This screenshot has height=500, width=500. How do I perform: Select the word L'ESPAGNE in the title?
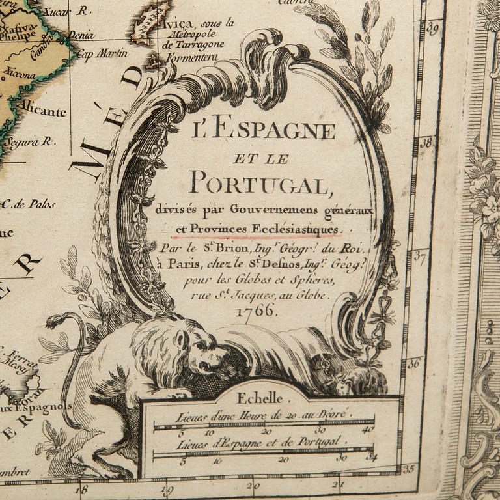264,131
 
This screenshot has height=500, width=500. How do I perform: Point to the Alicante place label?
43,111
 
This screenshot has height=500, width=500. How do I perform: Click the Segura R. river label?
29,141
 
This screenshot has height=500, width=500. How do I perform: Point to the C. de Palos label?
29,204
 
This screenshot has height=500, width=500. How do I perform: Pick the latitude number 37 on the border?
420,257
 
